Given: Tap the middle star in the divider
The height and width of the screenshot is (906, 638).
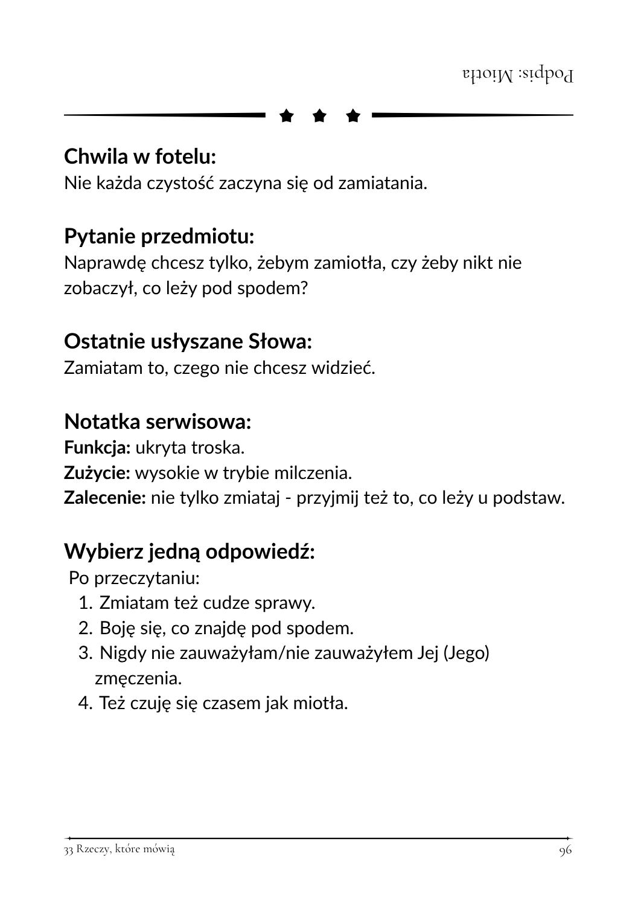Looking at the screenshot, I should (x=320, y=115).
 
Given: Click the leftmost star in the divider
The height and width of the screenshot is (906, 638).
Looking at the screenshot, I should (x=287, y=115).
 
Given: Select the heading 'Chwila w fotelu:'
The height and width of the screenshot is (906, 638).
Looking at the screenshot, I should (x=140, y=156).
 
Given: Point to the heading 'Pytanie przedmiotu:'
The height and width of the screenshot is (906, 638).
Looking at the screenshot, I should (x=159, y=236).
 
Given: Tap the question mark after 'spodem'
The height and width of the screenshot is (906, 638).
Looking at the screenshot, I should (x=304, y=289).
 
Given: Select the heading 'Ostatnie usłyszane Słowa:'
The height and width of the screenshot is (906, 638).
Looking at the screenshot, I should (x=188, y=341).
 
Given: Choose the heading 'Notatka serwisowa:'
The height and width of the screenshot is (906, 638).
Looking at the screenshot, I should (x=158, y=421).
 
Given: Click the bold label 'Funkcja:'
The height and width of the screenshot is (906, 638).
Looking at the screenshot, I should (x=97, y=448).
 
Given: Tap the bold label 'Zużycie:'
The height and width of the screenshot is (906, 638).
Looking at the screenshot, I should (x=97, y=472).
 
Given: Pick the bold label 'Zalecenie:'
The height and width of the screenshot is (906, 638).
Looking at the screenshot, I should (x=105, y=498).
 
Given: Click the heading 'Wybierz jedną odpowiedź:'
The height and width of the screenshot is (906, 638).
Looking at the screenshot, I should (x=190, y=551).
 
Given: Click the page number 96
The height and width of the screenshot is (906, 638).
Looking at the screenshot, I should (x=565, y=850).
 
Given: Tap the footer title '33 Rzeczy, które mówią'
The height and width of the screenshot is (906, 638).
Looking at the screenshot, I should (x=120, y=849).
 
